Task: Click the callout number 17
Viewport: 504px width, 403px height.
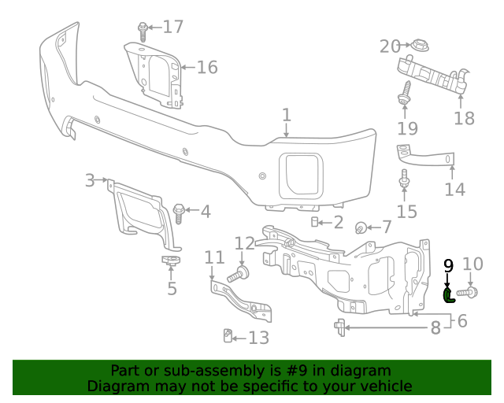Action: [172, 28]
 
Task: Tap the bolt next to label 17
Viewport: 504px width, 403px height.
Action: [143, 32]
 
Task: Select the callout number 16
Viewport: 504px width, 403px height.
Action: [206, 68]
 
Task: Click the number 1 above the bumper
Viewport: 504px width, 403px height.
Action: [287, 115]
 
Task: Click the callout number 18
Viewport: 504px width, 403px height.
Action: [465, 118]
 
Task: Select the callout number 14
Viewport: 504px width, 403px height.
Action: [455, 189]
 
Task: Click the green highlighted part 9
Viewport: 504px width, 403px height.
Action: [448, 295]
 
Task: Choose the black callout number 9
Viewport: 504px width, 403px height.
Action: [448, 265]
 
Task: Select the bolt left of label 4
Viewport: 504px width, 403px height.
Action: [178, 211]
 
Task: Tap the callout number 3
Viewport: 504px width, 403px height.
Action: [90, 181]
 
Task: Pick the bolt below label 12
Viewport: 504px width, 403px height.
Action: [239, 275]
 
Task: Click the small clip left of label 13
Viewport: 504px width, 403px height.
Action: [227, 337]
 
